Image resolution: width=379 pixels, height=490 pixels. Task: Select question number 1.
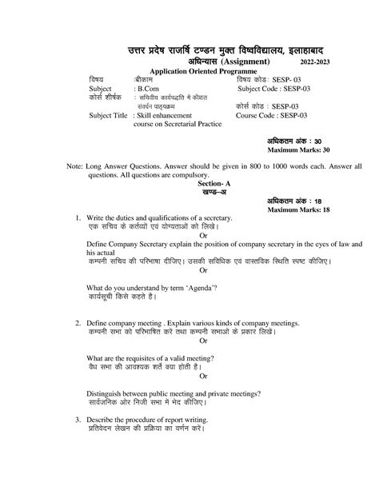(78, 218)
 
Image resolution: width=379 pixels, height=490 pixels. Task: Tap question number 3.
(78, 420)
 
